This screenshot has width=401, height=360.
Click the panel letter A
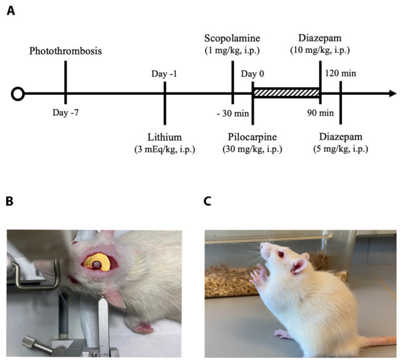point(10,10)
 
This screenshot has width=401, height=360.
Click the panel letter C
point(208,201)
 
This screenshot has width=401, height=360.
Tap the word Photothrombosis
point(65,50)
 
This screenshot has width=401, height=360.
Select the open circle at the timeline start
point(18,94)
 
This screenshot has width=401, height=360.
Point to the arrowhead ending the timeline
point(392,94)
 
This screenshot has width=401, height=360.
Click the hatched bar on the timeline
point(286,94)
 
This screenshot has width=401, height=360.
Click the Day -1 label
point(164,74)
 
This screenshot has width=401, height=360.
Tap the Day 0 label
point(253,74)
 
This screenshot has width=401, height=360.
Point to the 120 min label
point(341,74)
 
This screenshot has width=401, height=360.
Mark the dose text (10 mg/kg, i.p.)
point(320,50)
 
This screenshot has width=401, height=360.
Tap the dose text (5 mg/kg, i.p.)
point(341,150)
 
